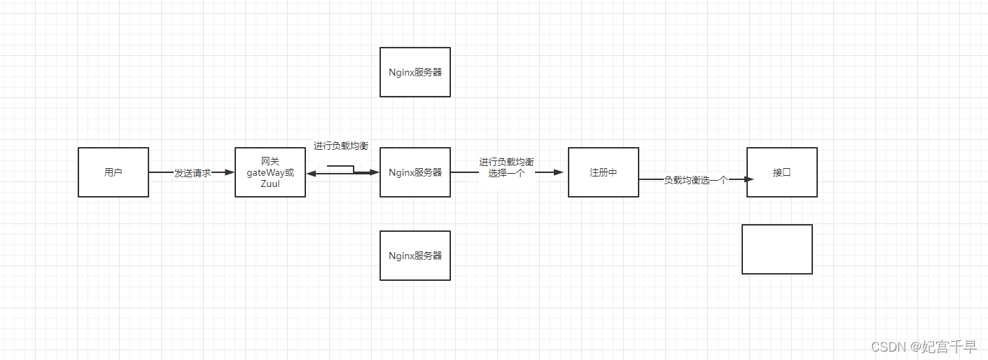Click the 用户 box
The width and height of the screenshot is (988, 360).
[x=113, y=172]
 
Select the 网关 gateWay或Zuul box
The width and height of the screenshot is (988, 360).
[x=270, y=172]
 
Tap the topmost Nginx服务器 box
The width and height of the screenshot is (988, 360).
[x=415, y=72]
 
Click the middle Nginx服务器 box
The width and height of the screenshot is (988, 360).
[x=415, y=172]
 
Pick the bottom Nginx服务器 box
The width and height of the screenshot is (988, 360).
[x=415, y=256]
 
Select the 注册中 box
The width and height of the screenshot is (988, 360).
[x=603, y=172]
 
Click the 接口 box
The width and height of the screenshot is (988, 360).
[x=781, y=172]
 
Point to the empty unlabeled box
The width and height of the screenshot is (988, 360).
[x=777, y=249]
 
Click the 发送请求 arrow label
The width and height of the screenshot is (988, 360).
[x=193, y=173]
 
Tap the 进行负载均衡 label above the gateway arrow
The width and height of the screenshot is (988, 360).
[x=341, y=146]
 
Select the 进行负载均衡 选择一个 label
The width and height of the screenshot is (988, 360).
[x=506, y=167]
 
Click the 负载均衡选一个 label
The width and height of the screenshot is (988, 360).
[x=696, y=180]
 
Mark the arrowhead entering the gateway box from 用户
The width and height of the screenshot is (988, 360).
[x=230, y=172]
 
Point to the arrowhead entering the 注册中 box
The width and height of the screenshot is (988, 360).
[x=559, y=172]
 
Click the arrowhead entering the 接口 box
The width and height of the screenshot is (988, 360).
[x=749, y=179]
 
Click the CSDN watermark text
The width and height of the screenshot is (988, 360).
[x=923, y=347]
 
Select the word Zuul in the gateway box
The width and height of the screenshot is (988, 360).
[x=270, y=184]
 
